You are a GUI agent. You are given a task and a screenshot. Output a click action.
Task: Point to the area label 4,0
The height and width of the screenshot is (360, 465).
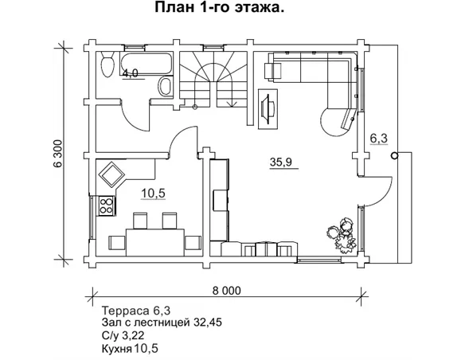coord(130,73)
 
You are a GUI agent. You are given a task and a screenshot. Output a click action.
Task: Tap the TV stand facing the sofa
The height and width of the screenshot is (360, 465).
coord(268,104)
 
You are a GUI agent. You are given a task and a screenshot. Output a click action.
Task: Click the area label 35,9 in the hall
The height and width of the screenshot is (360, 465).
coord(280,162)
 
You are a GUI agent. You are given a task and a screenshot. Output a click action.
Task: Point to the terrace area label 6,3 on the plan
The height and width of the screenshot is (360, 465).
coord(379,138)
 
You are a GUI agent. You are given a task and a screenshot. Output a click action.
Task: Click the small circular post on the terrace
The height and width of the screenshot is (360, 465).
coord(393,156)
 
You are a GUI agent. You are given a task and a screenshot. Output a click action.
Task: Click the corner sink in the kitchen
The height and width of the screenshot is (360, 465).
coord(109,173)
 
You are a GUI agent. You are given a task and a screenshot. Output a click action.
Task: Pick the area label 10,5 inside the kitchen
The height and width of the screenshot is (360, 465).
coord(153,194)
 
